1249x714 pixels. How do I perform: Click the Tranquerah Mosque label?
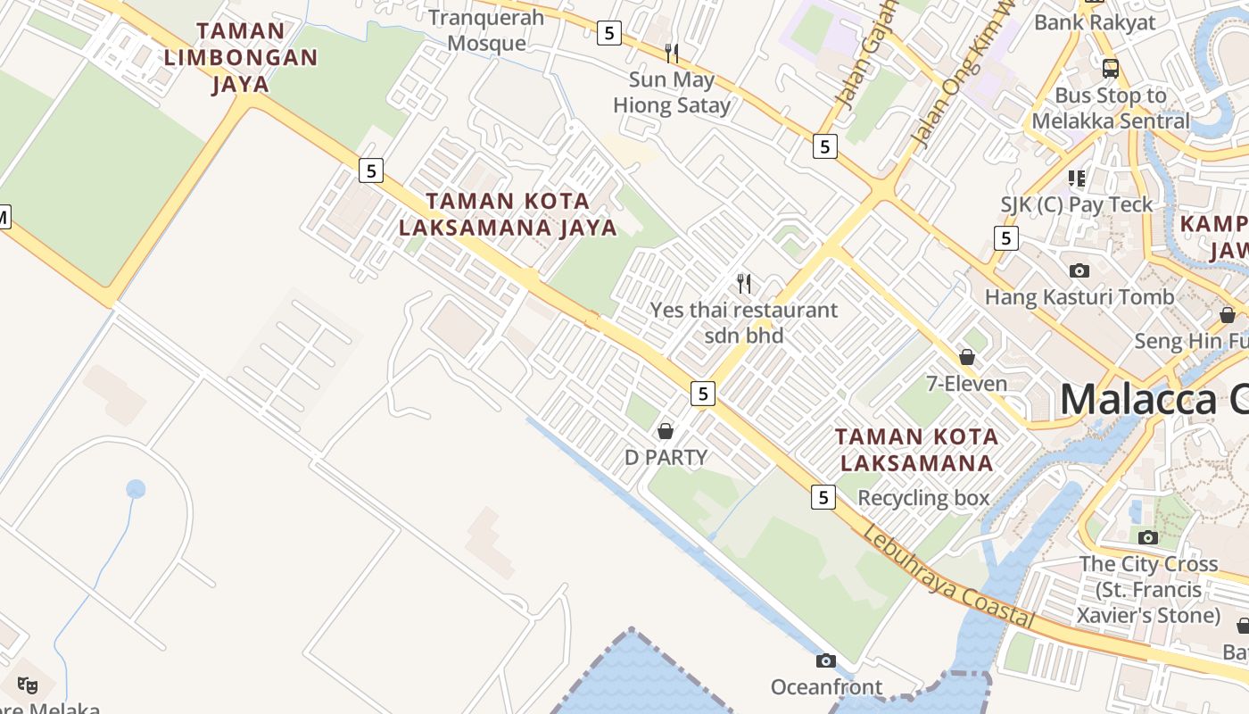click(x=486, y=30)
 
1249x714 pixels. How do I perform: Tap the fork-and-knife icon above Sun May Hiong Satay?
click(x=672, y=54)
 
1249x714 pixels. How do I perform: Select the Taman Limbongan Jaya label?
click(x=241, y=57)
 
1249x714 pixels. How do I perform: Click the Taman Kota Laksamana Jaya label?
click(x=508, y=214)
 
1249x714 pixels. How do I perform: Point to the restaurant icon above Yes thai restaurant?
click(x=744, y=284)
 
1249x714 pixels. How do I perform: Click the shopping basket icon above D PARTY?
click(x=666, y=432)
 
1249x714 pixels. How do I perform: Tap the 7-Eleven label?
click(x=966, y=385)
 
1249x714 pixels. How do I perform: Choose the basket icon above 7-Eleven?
click(x=967, y=358)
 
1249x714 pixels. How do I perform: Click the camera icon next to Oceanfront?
click(x=826, y=661)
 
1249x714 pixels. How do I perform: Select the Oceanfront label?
click(x=826, y=687)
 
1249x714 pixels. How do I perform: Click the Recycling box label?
click(x=923, y=498)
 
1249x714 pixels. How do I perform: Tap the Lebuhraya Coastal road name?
click(x=948, y=578)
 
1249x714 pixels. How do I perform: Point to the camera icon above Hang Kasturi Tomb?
click(x=1079, y=270)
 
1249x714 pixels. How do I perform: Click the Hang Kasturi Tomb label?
click(x=1079, y=296)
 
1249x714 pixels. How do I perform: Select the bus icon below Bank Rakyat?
click(x=1111, y=68)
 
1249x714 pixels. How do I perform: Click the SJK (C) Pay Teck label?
click(x=1077, y=204)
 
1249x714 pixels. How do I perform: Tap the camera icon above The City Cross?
click(x=1148, y=537)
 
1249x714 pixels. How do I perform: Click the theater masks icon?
click(x=28, y=685)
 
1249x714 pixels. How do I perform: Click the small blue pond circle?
click(x=136, y=489)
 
